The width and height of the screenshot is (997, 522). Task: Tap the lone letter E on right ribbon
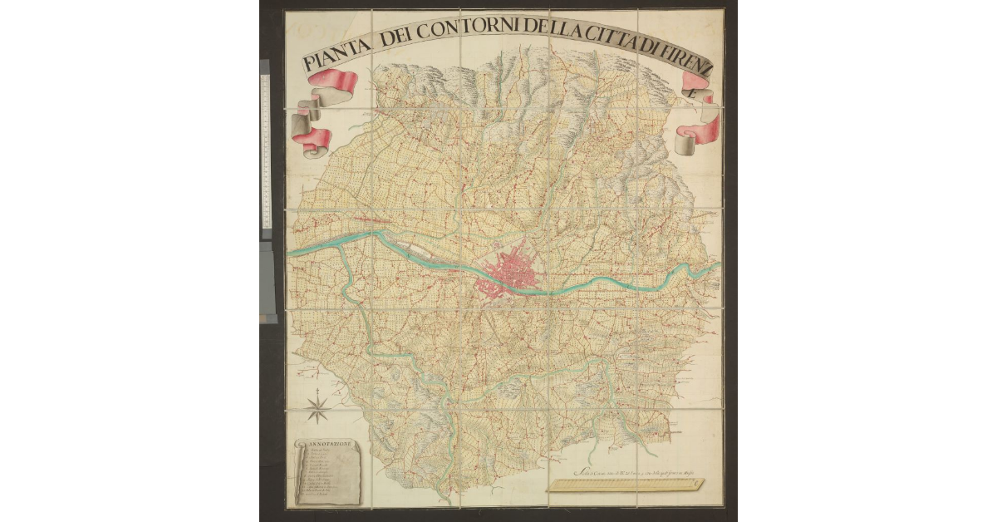(x=696, y=93)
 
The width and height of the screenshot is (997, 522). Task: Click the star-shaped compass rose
(x=317, y=407)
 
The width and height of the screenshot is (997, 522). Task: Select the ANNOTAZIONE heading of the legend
(x=330, y=445)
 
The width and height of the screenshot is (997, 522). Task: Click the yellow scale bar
(x=626, y=485)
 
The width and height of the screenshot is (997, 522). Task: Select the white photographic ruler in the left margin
(x=266, y=150)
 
